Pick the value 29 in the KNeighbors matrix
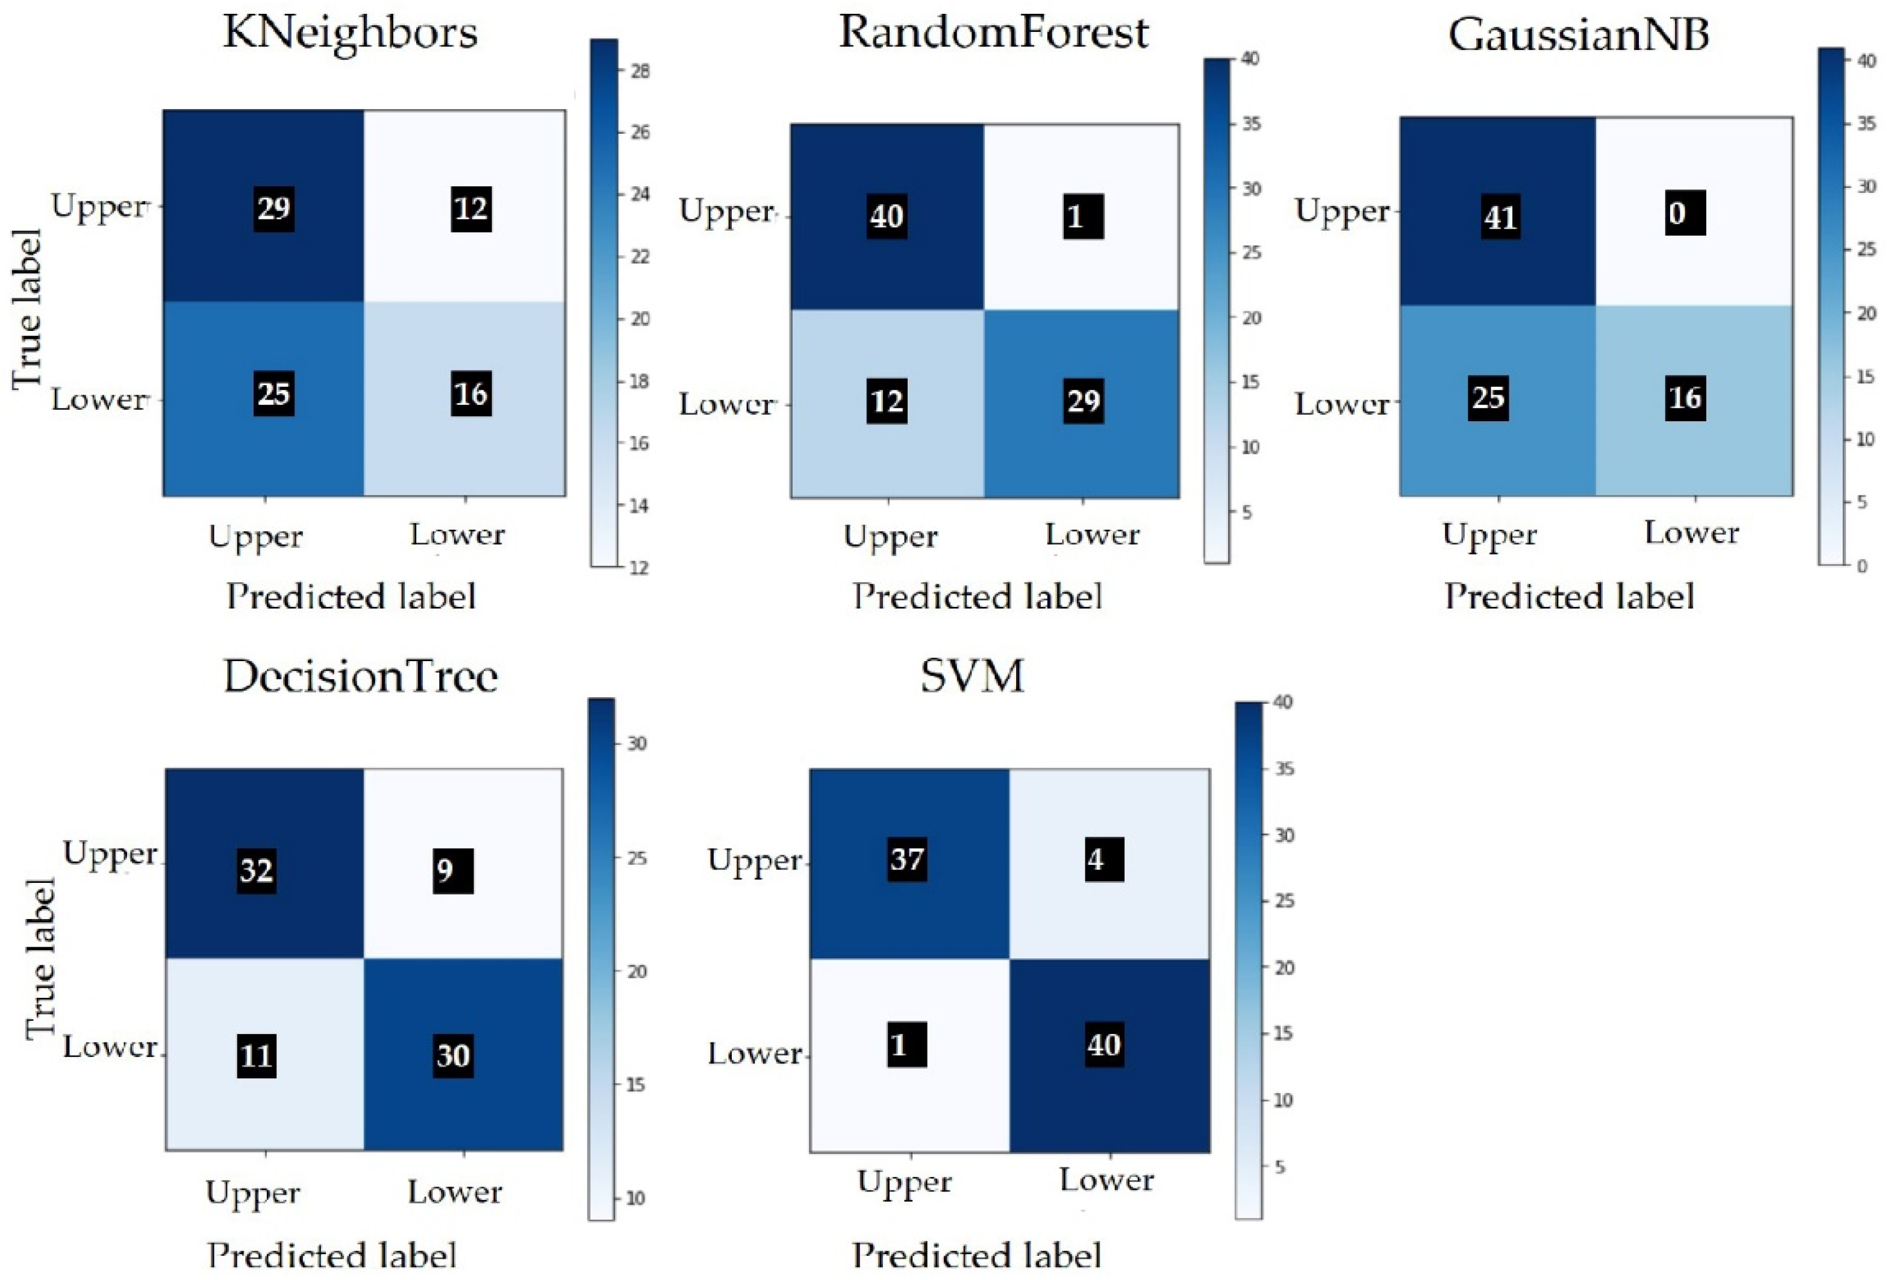tap(273, 209)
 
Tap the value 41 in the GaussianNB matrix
tap(1500, 217)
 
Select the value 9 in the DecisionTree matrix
tap(452, 871)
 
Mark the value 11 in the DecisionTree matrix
tap(256, 1056)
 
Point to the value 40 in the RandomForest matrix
tap(886, 216)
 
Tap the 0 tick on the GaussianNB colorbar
tap(1862, 566)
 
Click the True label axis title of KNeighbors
tap(27, 309)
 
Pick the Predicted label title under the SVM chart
tap(977, 1256)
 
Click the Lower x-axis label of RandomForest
tap(1092, 535)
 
